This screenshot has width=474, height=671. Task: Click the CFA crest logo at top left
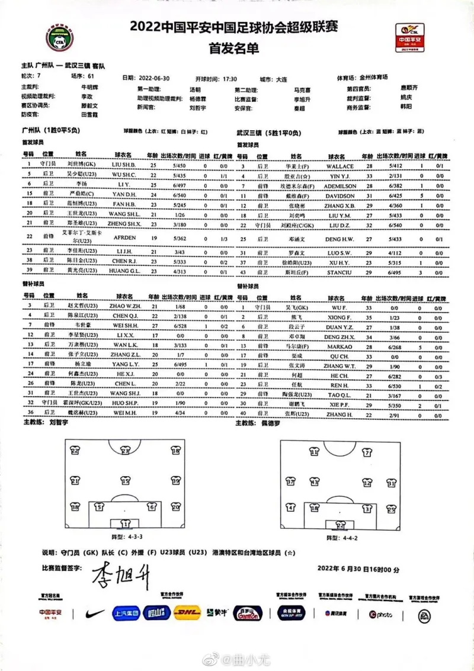60,38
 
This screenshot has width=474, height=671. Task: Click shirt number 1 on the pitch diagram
125,524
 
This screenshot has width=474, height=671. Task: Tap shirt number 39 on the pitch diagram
176,481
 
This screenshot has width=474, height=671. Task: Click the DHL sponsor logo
187,614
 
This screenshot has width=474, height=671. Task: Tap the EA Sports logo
425,616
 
